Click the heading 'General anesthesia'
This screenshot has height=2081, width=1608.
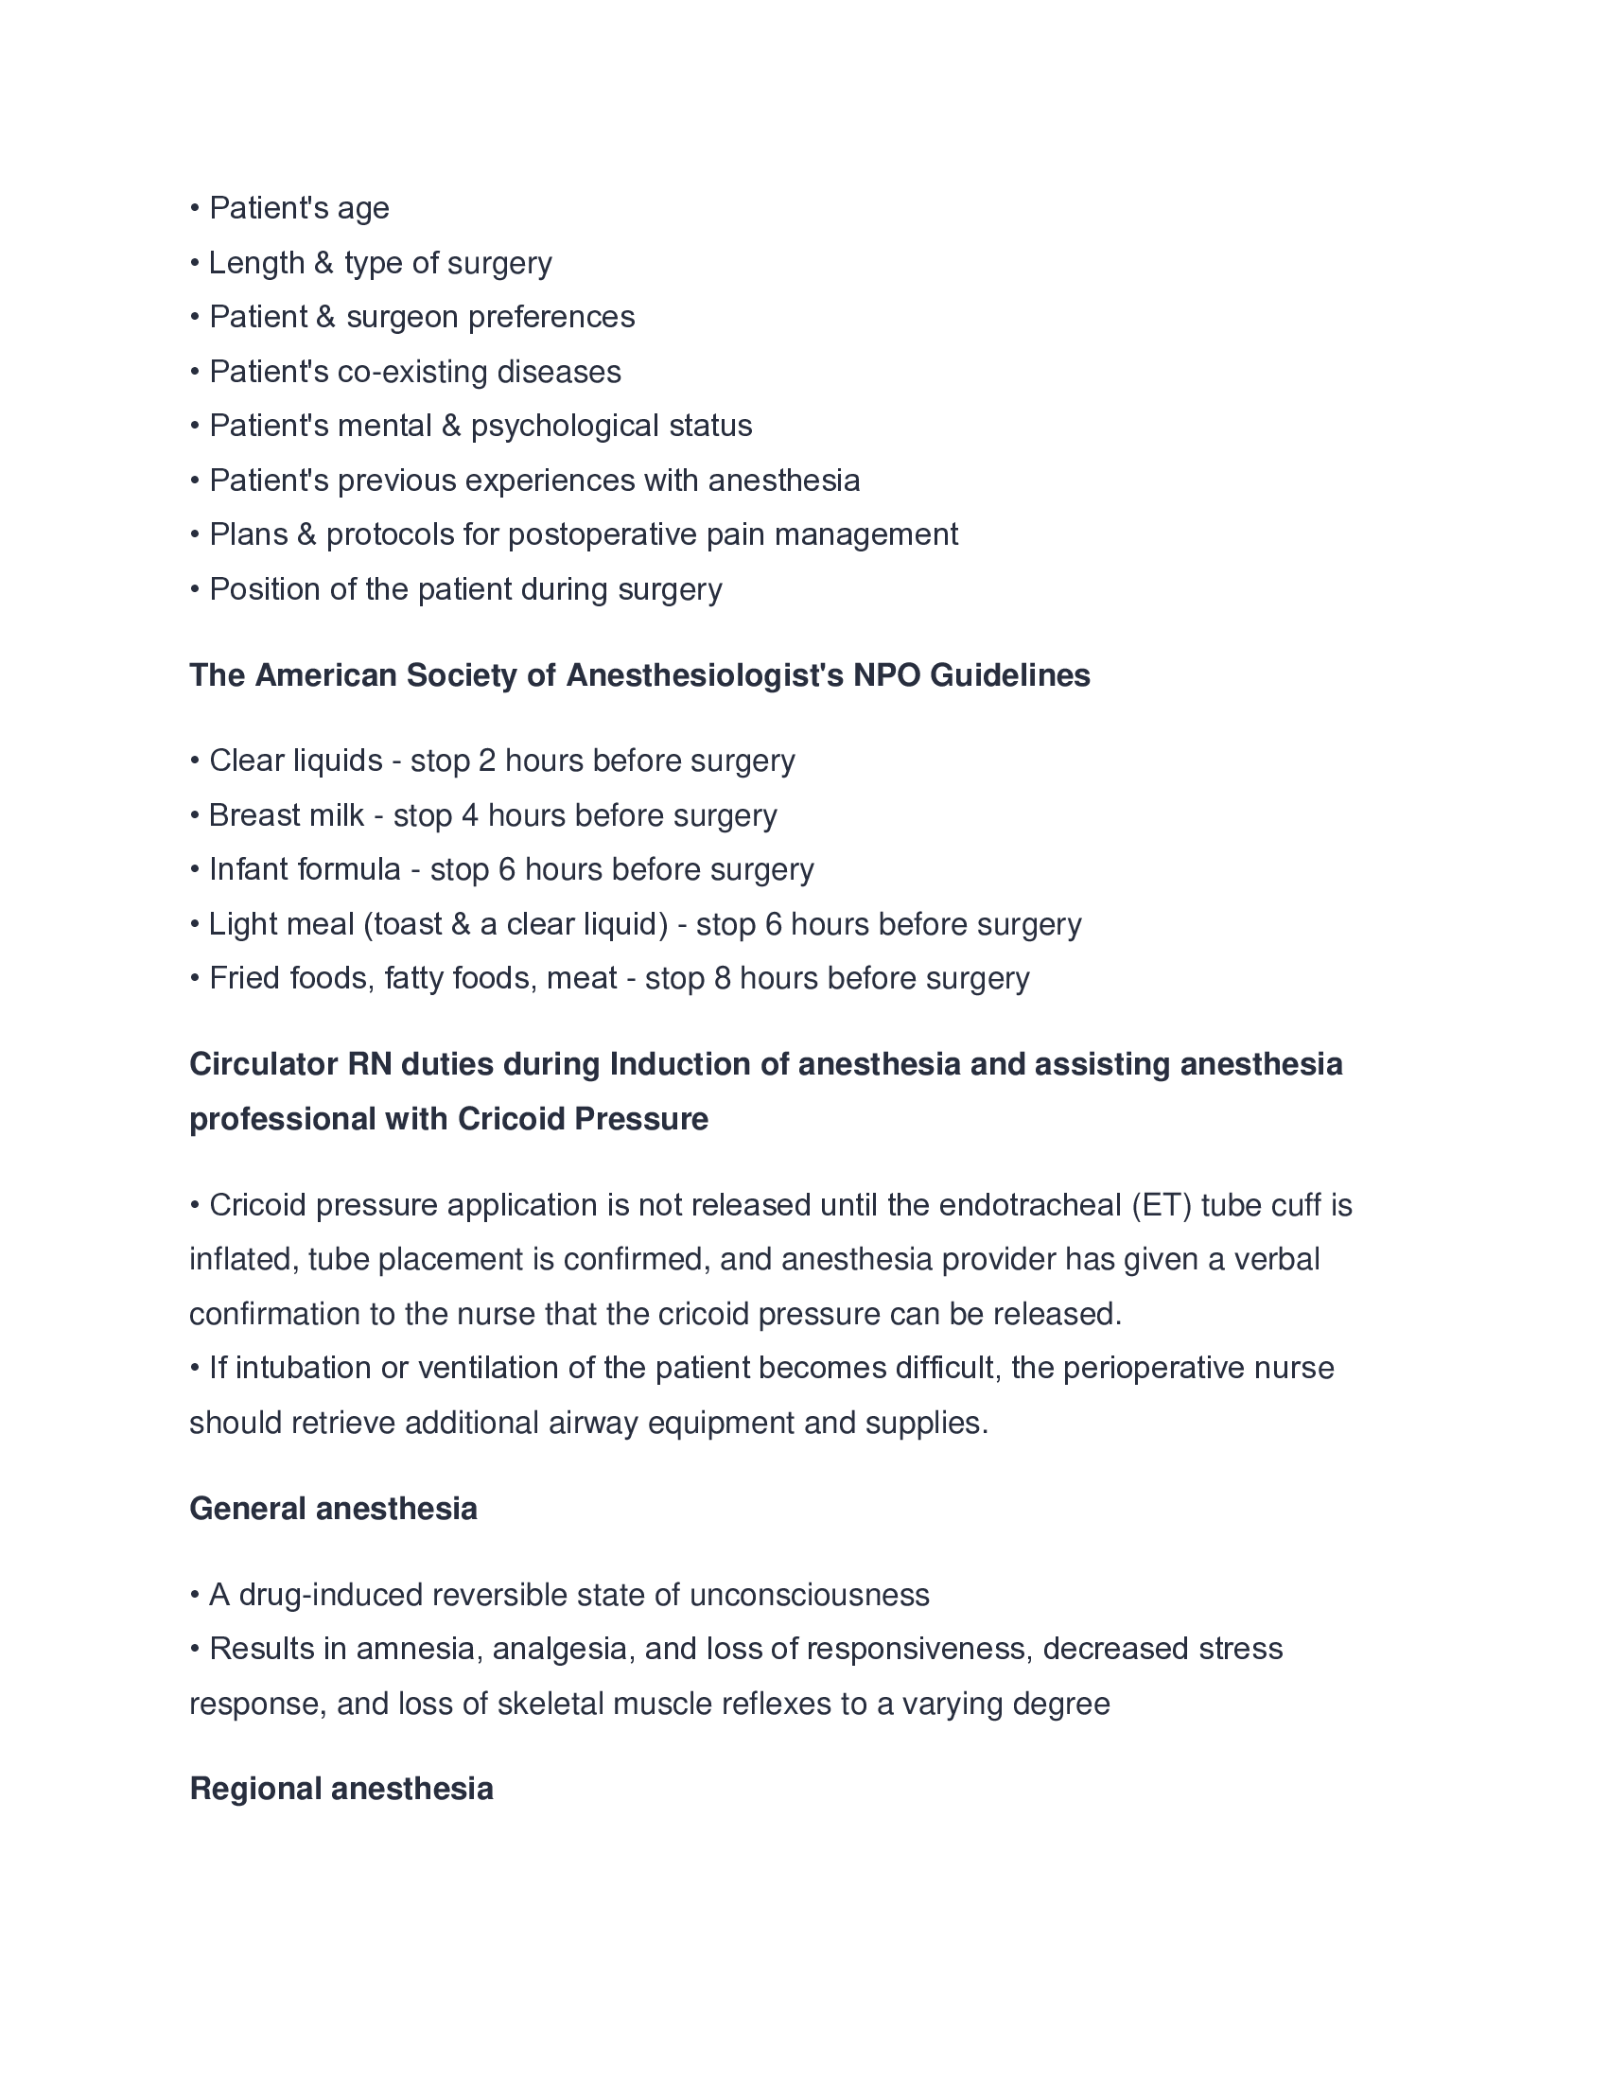(x=332, y=1509)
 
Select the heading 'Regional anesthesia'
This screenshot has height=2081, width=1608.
(x=341, y=1789)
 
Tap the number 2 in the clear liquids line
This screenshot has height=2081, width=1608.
(x=487, y=761)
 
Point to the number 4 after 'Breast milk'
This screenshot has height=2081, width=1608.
(x=470, y=815)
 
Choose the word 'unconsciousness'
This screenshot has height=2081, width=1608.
(x=809, y=1595)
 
